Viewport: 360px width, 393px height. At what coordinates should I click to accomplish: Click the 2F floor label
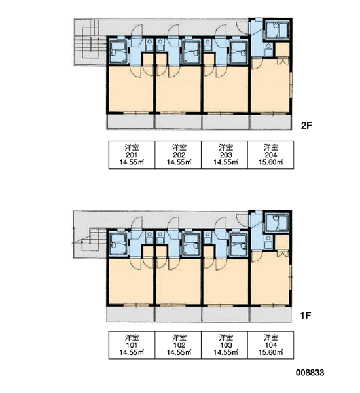(306, 125)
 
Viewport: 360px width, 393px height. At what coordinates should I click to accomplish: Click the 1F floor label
(306, 316)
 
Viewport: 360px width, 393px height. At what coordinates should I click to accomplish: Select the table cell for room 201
(132, 155)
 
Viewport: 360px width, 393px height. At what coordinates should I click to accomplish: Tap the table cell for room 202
(178, 155)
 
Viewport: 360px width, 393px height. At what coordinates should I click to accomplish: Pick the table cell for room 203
(225, 155)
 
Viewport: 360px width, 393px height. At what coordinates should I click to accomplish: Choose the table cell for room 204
(271, 155)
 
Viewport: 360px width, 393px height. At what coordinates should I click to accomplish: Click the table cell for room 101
(132, 345)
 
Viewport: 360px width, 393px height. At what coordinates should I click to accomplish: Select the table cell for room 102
(178, 345)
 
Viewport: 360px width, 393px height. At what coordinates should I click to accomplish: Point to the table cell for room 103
(225, 345)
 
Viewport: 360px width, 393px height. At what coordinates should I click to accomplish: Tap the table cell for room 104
(271, 345)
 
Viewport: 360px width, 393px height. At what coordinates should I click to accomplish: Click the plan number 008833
(310, 373)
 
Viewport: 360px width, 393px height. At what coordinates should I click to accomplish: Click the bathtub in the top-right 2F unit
(277, 30)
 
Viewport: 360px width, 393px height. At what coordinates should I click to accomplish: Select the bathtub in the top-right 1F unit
(277, 223)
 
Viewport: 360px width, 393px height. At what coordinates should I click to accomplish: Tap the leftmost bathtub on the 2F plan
(118, 52)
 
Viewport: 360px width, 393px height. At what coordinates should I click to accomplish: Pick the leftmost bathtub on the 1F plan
(118, 244)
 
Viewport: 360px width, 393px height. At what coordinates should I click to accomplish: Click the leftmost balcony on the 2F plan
(130, 122)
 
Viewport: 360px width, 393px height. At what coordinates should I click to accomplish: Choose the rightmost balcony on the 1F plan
(270, 314)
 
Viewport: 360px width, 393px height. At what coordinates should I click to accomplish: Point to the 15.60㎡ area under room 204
(271, 162)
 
